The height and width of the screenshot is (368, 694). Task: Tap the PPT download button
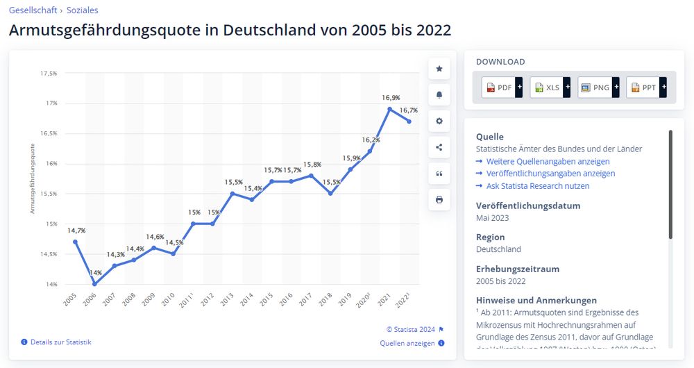point(646,87)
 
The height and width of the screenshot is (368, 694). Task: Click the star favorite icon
point(439,68)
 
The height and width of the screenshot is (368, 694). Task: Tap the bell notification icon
point(439,94)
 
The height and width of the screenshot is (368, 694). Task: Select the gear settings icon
point(439,121)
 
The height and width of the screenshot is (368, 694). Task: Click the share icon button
point(439,147)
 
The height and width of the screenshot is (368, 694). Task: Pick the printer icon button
point(439,199)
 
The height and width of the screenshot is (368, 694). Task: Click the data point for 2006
point(95,284)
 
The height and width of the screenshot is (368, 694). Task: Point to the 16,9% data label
point(391,98)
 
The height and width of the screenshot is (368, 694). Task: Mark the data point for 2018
point(331,193)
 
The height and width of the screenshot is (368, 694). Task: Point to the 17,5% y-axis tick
point(49,73)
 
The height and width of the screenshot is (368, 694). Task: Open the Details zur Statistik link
point(60,342)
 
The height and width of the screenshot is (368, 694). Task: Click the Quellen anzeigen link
point(407,343)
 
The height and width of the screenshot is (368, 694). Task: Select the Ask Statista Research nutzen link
point(538,186)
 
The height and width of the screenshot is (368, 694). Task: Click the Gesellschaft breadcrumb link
point(32,10)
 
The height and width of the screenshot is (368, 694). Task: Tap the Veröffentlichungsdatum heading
point(527,206)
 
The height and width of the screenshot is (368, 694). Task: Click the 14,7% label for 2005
point(76,231)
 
